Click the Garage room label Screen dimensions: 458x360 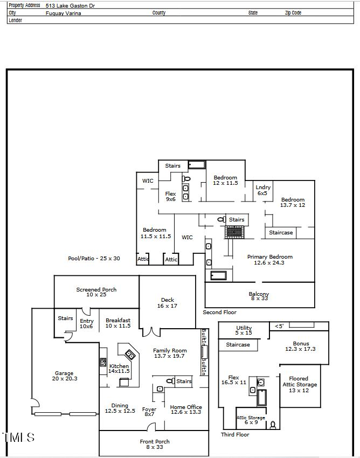64,376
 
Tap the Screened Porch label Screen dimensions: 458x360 96,293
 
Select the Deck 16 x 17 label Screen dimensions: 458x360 168,303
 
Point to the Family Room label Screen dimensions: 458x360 169,353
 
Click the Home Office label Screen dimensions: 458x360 185,410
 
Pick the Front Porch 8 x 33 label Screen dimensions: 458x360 155,444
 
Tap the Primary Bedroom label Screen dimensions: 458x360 269,260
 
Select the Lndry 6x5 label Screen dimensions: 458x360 263,190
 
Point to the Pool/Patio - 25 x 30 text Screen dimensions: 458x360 94,259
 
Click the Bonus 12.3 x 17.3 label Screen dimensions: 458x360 301,346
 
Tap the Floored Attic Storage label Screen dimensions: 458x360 300,384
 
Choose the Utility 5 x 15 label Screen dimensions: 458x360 244,330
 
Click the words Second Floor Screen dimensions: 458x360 219,313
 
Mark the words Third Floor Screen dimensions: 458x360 235,434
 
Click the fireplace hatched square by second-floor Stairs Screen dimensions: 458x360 234,232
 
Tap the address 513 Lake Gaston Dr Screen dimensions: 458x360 70,5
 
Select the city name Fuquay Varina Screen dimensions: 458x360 63,13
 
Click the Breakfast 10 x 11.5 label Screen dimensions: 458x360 118,323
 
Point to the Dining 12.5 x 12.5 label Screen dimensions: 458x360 120,408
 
